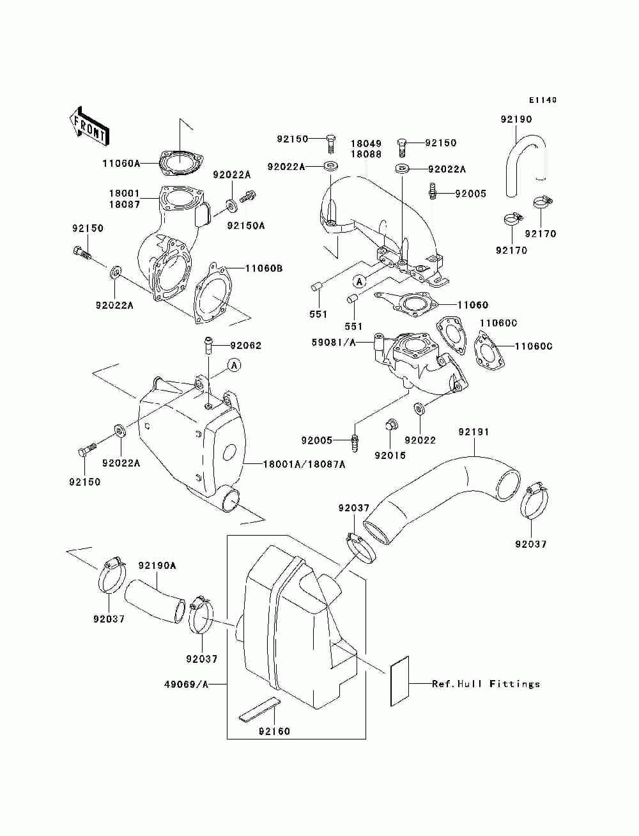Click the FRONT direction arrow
(x=89, y=126)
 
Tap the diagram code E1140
(x=543, y=100)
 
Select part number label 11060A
(x=121, y=164)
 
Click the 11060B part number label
(x=264, y=268)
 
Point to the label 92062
(x=245, y=345)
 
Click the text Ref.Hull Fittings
(x=486, y=684)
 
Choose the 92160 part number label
(x=274, y=731)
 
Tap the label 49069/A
(x=187, y=685)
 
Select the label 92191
(x=473, y=432)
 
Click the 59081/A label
(x=334, y=343)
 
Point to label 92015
(x=390, y=455)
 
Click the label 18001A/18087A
(x=304, y=464)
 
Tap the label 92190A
(x=157, y=566)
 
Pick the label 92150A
(x=246, y=226)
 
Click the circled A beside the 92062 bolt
(x=235, y=365)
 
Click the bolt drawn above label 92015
(x=390, y=424)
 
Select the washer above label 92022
(x=420, y=409)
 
